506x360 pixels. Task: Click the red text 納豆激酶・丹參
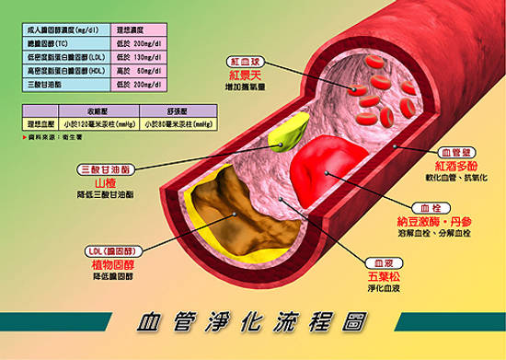(x=433, y=222)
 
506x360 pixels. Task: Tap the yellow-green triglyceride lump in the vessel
(x=288, y=135)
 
